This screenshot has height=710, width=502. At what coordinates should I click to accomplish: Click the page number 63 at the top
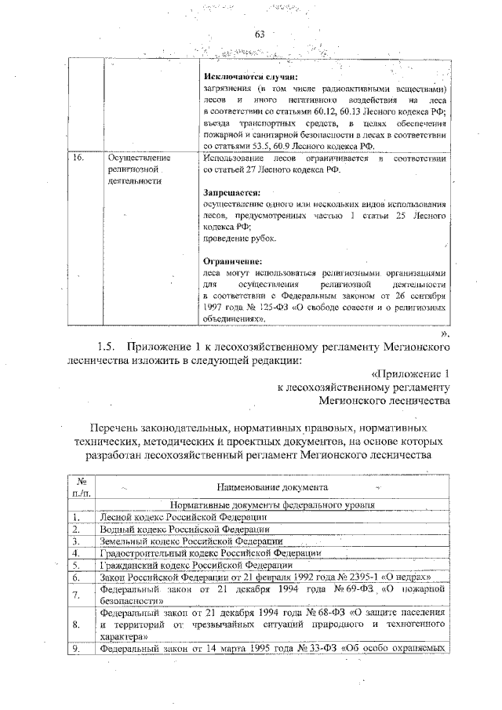(260, 34)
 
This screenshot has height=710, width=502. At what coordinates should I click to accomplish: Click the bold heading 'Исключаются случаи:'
(239, 77)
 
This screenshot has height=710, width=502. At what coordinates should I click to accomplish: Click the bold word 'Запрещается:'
(231, 191)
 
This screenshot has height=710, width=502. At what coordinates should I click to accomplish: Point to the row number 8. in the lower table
(76, 624)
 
